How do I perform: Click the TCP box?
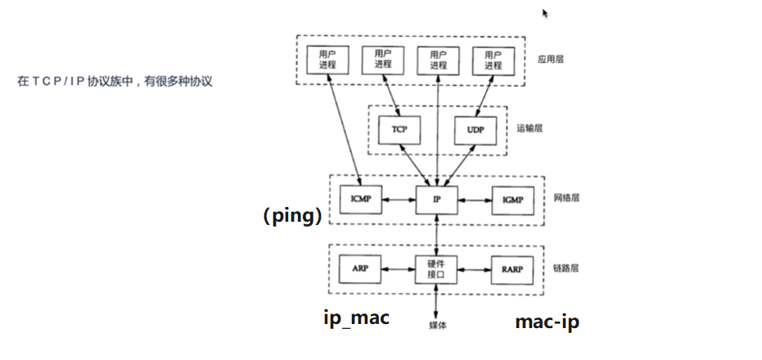click(399, 130)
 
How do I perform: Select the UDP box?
click(475, 130)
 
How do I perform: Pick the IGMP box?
click(512, 199)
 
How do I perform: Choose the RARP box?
click(512, 268)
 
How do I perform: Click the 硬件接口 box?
click(436, 268)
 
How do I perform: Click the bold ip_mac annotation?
click(356, 317)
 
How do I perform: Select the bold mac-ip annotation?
click(547, 322)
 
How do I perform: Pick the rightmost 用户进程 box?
click(493, 60)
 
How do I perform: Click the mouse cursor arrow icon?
click(545, 13)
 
